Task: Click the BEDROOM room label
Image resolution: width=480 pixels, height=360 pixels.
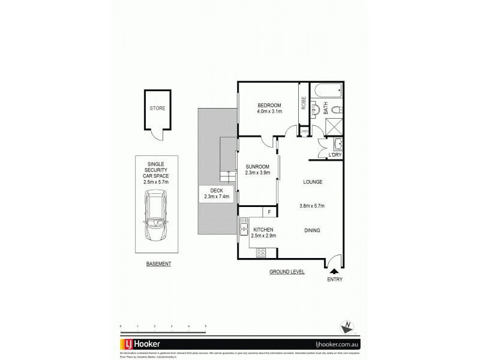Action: click(269, 106)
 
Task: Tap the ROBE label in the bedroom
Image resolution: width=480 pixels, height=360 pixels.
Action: click(304, 103)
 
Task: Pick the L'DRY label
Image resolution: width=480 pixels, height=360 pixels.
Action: click(334, 155)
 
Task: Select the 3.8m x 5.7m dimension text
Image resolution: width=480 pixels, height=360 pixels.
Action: click(312, 206)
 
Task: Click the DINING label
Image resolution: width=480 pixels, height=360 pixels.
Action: click(312, 229)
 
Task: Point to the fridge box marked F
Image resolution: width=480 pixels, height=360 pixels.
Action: click(269, 212)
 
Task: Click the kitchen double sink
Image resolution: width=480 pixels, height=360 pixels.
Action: click(244, 226)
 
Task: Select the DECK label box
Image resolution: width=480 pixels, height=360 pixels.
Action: click(217, 193)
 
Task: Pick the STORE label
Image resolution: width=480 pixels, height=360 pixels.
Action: click(157, 109)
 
